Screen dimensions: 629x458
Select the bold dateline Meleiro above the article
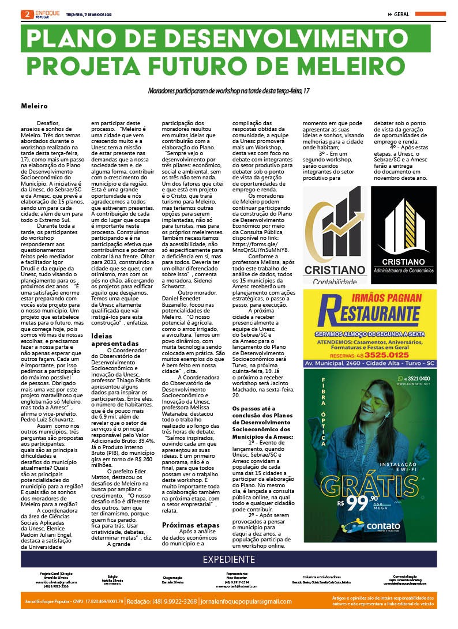35,107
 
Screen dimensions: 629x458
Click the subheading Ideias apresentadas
115,340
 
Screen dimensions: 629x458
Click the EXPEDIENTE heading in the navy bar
229,559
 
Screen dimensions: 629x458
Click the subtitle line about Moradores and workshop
229,91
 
